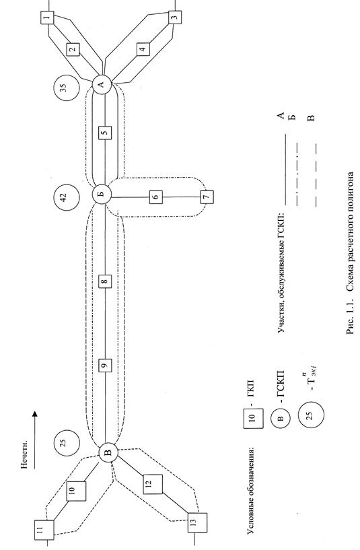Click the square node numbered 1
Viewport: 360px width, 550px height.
pyautogui.click(x=47, y=18)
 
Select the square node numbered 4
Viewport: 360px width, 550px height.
pyautogui.click(x=143, y=48)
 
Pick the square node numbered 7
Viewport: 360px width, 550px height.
pyautogui.click(x=207, y=197)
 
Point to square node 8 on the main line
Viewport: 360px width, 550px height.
pyautogui.click(x=105, y=281)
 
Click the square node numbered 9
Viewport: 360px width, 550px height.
pyautogui.click(x=105, y=366)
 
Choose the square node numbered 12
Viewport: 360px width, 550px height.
pyautogui.click(x=153, y=485)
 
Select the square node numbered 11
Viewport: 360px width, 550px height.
pyautogui.click(x=44, y=530)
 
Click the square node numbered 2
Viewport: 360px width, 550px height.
pyautogui.click(x=73, y=49)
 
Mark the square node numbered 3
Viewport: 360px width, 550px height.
pyautogui.click(x=175, y=16)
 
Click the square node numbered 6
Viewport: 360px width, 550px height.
pyautogui.click(x=156, y=197)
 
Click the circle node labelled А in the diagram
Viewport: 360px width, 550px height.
pyautogui.click(x=102, y=84)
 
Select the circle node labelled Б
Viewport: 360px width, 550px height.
pyautogui.click(x=102, y=194)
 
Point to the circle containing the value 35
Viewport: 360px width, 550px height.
pyautogui.click(x=67, y=88)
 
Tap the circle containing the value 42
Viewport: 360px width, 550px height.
pyautogui.click(x=67, y=197)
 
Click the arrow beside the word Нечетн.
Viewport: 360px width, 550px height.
pyautogui.click(x=34, y=440)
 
